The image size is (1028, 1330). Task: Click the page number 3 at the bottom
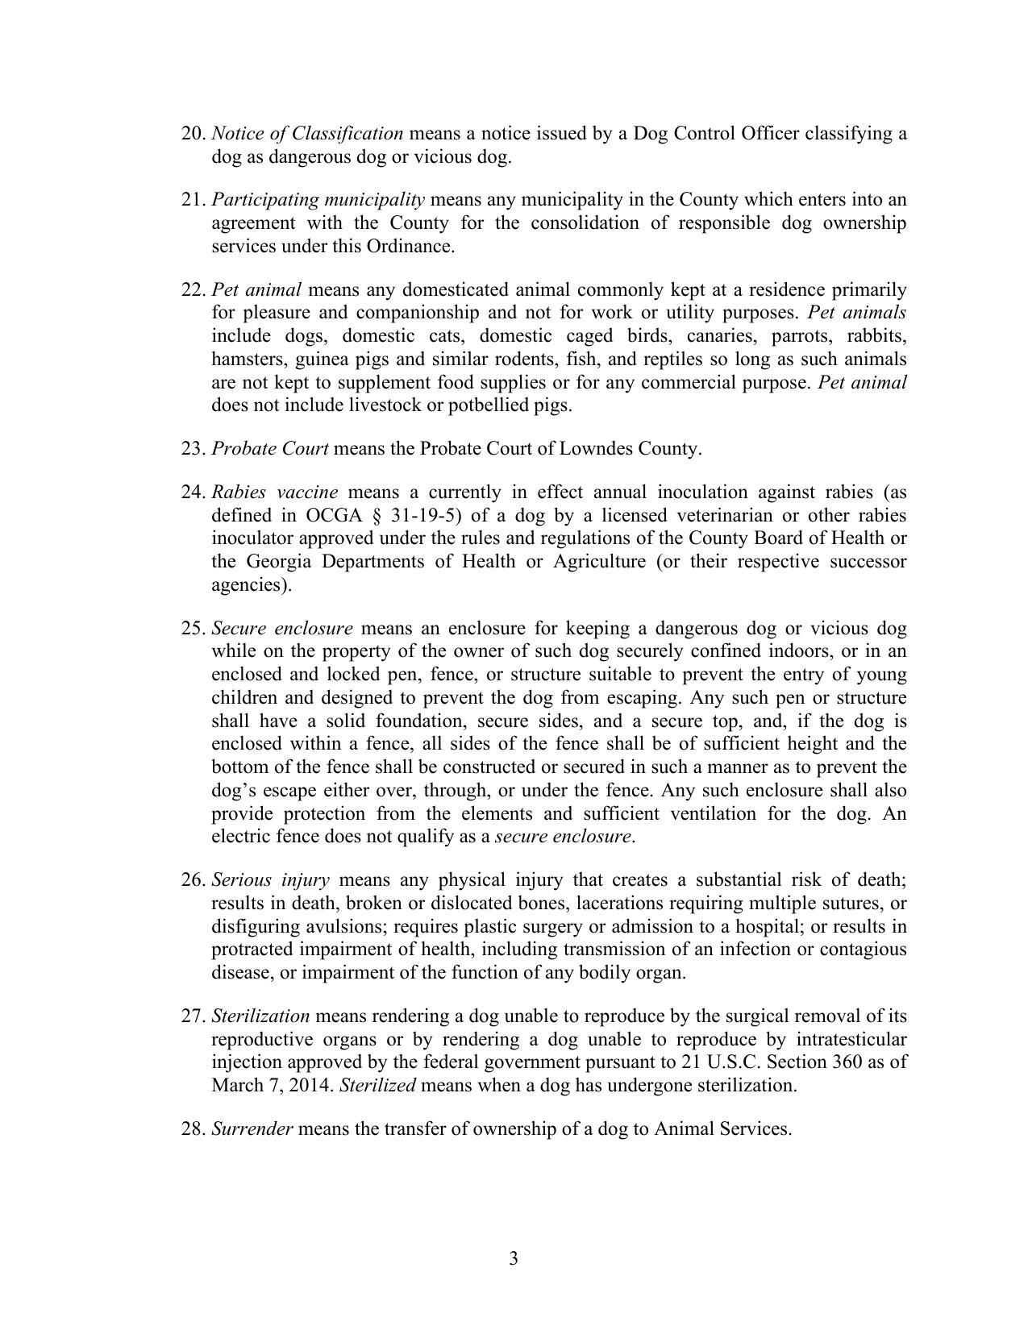514,1258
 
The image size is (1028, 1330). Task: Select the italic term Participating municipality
318,200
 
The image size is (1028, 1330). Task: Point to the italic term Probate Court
269,449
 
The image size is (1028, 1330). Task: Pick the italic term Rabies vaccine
274,493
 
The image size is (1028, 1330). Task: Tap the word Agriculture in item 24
599,562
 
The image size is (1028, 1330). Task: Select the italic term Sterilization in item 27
260,1016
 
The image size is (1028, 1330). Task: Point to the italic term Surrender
252,1129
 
